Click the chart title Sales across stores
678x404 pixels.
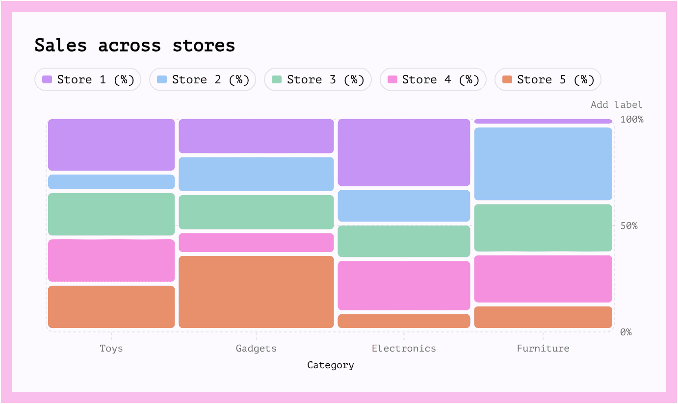coord(135,46)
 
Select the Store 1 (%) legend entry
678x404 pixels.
coord(88,79)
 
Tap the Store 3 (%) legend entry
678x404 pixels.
coord(318,79)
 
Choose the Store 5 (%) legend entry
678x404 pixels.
coord(548,79)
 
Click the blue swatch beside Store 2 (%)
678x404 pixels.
coord(162,79)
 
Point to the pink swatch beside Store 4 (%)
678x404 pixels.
coord(392,79)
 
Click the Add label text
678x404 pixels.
coord(616,104)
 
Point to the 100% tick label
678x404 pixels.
coord(632,119)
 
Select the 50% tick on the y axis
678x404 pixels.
coord(629,226)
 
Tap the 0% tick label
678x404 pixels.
coord(626,332)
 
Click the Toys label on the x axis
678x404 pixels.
coord(111,348)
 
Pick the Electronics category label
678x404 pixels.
coord(404,348)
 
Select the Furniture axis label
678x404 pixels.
coord(543,348)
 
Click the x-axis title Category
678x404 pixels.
coord(331,365)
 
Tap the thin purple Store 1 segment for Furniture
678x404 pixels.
coord(543,121)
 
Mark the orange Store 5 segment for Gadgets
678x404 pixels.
coord(256,292)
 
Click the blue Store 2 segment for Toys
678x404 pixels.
coord(111,182)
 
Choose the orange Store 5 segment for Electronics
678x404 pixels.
coord(404,321)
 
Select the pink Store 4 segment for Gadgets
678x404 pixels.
coord(256,242)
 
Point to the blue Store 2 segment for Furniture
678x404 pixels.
coord(543,164)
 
